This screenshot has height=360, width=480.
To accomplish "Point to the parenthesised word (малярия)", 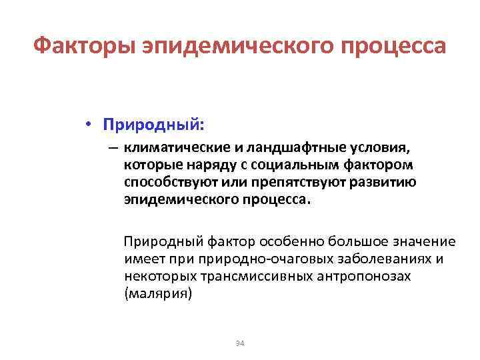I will click(x=157, y=293).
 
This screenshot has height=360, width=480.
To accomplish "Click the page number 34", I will click(x=240, y=343).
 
